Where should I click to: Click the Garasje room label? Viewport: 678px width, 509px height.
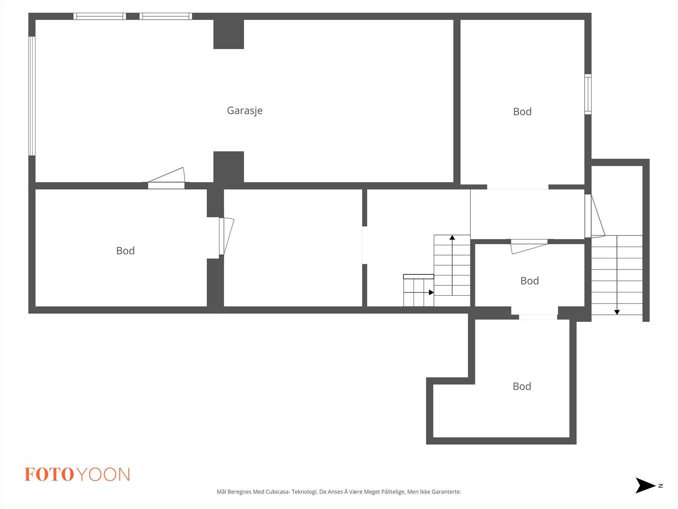click(x=245, y=111)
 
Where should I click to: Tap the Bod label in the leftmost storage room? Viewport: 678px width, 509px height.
click(x=125, y=251)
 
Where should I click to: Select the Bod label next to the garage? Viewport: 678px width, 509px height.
click(x=522, y=112)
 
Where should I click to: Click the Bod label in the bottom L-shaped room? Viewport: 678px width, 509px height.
click(x=522, y=386)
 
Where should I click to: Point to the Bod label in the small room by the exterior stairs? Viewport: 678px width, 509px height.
click(x=529, y=281)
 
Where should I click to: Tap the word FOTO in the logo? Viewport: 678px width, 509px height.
click(x=49, y=475)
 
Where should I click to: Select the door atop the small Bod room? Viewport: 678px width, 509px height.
click(x=529, y=242)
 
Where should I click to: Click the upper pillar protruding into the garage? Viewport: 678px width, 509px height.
click(x=228, y=34)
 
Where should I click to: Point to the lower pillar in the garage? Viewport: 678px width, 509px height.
click(x=228, y=167)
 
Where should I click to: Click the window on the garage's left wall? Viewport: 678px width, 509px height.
click(x=32, y=96)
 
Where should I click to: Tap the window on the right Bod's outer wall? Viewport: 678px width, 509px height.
click(x=588, y=94)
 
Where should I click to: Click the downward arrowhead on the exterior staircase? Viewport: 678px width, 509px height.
click(x=617, y=312)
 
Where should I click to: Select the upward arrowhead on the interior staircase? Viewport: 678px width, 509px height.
click(x=452, y=238)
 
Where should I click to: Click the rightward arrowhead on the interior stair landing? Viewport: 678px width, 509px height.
click(x=431, y=292)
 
